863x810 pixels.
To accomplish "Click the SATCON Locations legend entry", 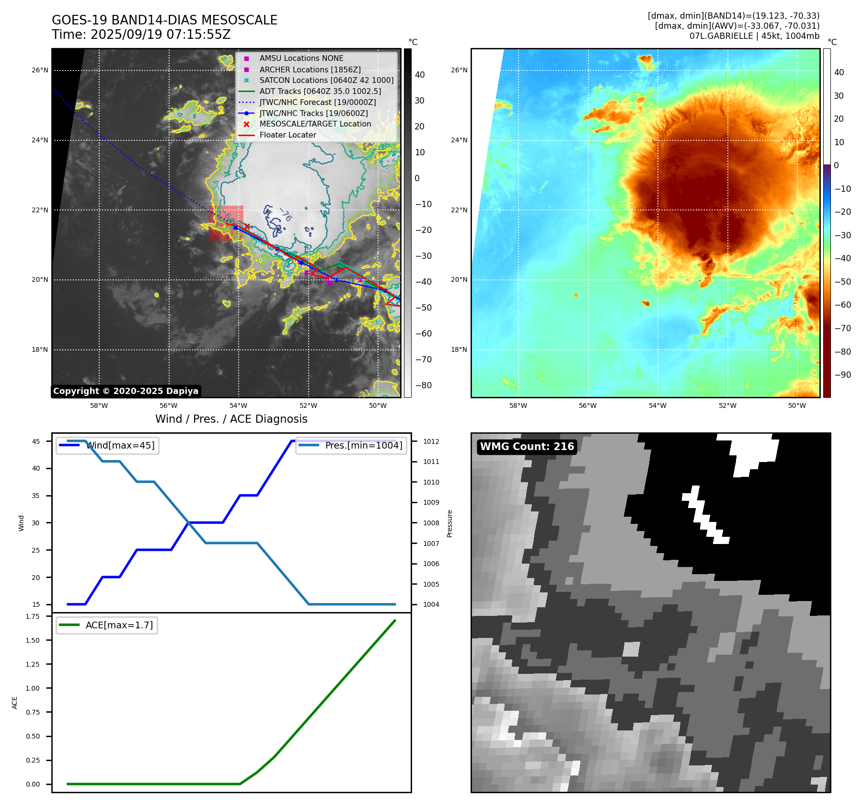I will [x=326, y=81].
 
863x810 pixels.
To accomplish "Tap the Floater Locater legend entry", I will [x=288, y=135].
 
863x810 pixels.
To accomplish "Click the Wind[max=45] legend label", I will [x=120, y=446].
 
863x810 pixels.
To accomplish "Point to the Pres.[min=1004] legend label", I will [x=363, y=446].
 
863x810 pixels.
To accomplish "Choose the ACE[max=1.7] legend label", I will [x=119, y=625].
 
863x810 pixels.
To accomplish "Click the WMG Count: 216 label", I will [x=527, y=447].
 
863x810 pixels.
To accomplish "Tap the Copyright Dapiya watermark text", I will [x=126, y=391].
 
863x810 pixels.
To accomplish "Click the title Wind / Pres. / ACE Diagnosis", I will [x=231, y=419].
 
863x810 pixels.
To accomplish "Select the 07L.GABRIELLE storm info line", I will [x=754, y=36].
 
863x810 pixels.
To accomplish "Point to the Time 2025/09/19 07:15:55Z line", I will [x=141, y=35].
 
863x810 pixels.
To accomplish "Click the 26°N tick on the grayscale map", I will [x=40, y=70].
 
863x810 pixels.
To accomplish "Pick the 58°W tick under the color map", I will [x=518, y=406].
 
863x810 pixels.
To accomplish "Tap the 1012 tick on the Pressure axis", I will [x=431, y=441].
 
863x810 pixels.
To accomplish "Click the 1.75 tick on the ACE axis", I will [x=33, y=616].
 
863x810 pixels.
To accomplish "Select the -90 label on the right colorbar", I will [x=842, y=375].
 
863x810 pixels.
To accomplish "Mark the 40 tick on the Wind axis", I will [x=36, y=469].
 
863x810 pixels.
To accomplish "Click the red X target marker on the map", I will [x=247, y=226].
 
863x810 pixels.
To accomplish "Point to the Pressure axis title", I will [x=449, y=523].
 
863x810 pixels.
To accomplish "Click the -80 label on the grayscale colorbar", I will [x=423, y=385].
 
